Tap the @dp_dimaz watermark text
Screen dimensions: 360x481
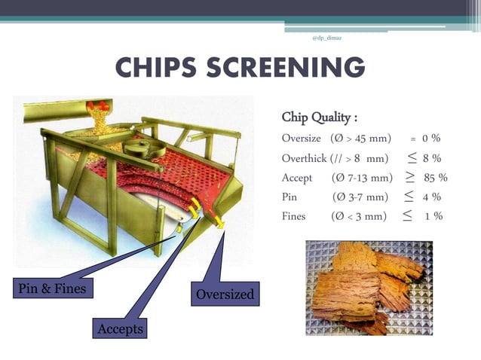pyautogui.click(x=326, y=37)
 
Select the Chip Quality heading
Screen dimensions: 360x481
pyautogui.click(x=319, y=117)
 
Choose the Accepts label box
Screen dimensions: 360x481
pyautogui.click(x=120, y=329)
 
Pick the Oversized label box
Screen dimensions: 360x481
pyautogui.click(x=225, y=294)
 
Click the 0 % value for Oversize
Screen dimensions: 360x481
pyautogui.click(x=431, y=139)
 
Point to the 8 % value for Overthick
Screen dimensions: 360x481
pyautogui.click(x=432, y=158)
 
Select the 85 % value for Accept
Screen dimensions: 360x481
pyautogui.click(x=436, y=178)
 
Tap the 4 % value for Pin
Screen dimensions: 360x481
pyautogui.click(x=432, y=197)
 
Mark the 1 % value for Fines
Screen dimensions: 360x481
pyautogui.click(x=433, y=217)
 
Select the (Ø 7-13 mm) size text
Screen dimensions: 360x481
pyautogui.click(x=362, y=178)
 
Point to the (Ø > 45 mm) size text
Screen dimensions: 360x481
pyautogui.click(x=360, y=139)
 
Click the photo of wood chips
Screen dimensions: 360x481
pyautogui.click(x=369, y=288)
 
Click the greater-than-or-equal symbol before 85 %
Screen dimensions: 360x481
pyautogui.click(x=409, y=178)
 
